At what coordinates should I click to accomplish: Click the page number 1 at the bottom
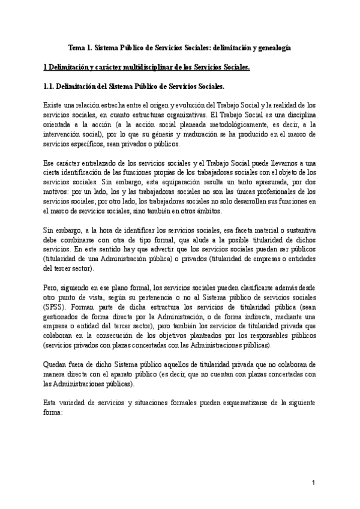click(x=313, y=484)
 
